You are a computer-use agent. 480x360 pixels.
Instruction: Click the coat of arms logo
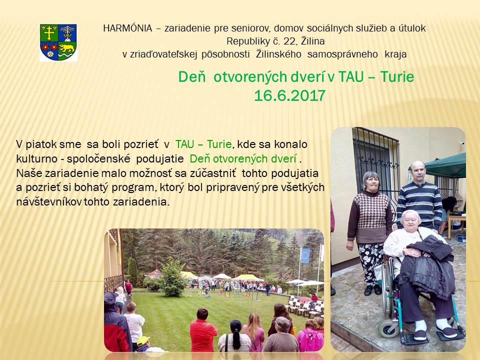point(58,42)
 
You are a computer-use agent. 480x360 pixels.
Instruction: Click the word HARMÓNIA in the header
point(127,28)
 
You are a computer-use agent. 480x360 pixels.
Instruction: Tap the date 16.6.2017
point(289,96)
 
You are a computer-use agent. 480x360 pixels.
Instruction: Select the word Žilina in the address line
point(313,41)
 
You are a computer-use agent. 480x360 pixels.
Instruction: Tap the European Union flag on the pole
point(305,255)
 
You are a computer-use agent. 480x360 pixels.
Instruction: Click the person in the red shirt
point(203,331)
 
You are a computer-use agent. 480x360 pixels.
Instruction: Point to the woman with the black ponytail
point(235,336)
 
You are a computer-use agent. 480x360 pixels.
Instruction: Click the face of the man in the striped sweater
point(417,172)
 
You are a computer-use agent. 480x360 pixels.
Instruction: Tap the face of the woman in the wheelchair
point(410,220)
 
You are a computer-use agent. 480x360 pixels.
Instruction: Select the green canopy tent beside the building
point(446,165)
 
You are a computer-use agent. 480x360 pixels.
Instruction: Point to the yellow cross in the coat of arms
point(49,33)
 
